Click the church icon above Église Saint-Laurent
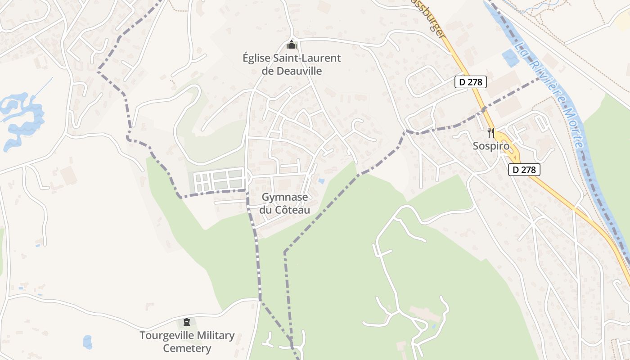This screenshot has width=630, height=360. (292, 45)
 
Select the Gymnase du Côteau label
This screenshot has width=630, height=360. (285, 203)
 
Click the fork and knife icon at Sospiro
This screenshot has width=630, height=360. (491, 133)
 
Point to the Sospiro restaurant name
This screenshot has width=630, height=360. (491, 146)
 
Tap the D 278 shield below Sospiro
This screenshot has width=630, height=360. (524, 170)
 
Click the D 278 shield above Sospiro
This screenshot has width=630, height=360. (470, 82)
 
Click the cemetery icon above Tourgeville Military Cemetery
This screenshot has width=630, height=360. (187, 322)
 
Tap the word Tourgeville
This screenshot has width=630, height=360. (166, 336)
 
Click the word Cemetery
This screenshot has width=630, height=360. (187, 348)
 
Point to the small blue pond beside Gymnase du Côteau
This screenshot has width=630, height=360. (320, 181)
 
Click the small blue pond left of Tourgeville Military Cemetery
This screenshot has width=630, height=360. (87, 342)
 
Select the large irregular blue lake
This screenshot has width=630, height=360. (22, 119)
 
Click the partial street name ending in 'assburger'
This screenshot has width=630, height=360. (432, 20)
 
